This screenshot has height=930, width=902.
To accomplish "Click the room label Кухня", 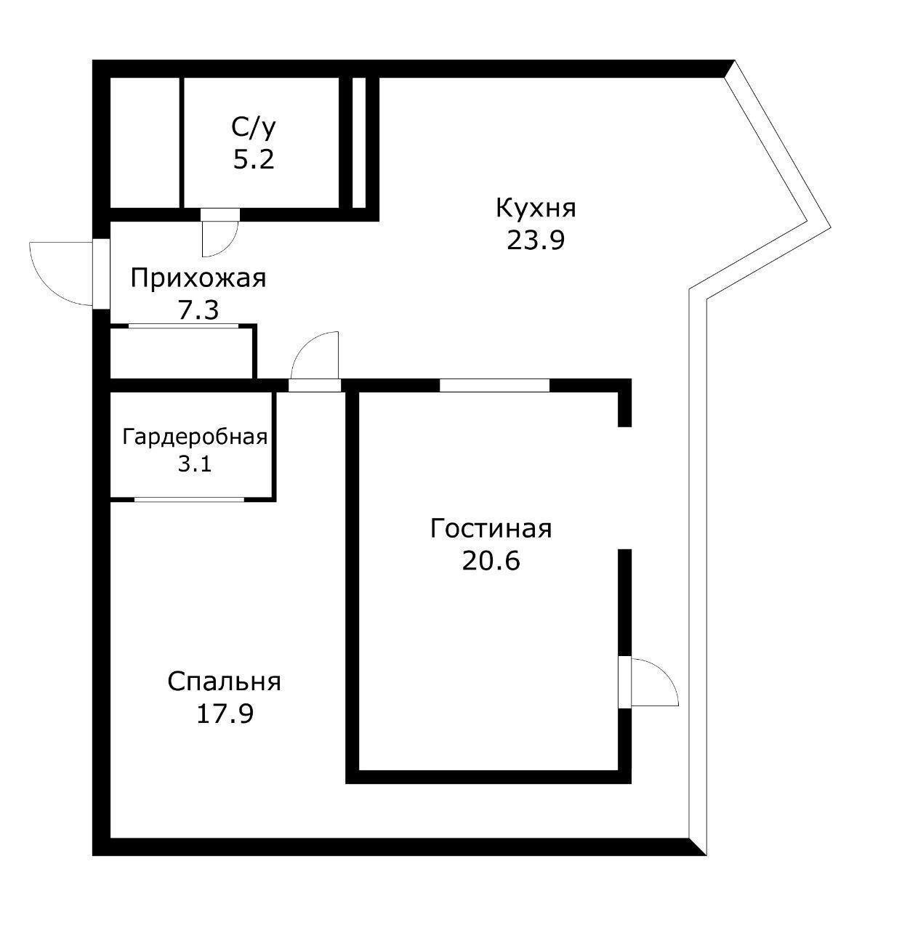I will (x=536, y=208).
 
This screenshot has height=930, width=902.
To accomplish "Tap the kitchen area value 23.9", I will (x=536, y=240).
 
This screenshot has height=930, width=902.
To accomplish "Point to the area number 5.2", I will (x=254, y=159).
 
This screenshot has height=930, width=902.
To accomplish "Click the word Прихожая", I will (x=198, y=278).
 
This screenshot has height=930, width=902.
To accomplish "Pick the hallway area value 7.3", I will (x=198, y=310).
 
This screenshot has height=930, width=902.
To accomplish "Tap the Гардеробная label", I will (x=195, y=437).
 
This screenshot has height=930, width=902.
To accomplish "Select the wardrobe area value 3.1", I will (x=195, y=464).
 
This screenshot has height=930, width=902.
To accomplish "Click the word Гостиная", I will (x=491, y=528).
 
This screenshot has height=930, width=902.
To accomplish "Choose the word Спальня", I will (x=224, y=682).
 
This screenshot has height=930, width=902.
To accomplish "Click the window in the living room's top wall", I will (x=494, y=386).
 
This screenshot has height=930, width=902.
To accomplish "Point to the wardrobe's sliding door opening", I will (x=189, y=499).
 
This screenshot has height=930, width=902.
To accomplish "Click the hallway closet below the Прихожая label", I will (x=182, y=352).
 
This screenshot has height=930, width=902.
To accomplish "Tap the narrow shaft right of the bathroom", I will (x=358, y=142).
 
